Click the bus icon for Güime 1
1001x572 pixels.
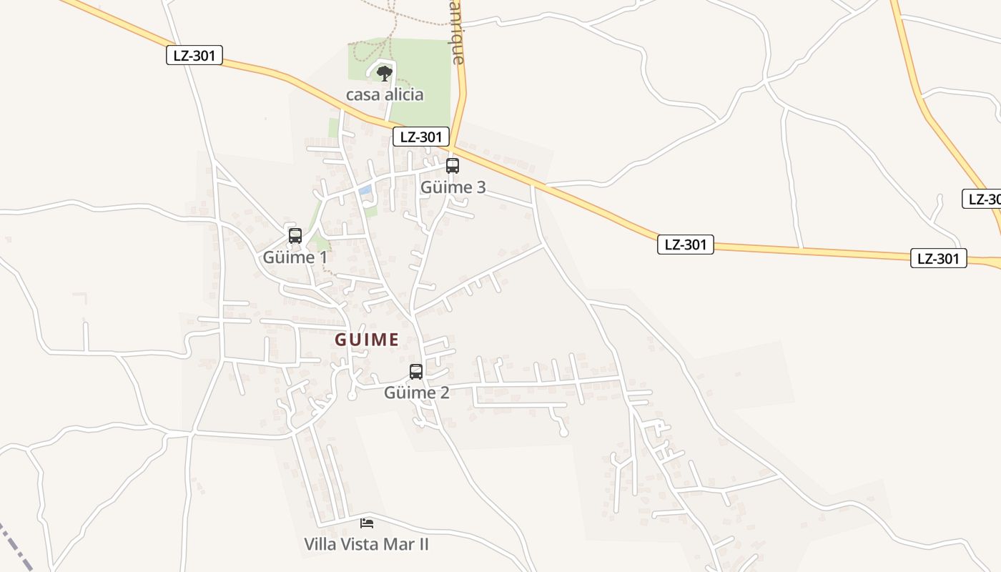pyautogui.click(x=295, y=235)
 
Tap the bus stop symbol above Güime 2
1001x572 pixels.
pyautogui.click(x=415, y=372)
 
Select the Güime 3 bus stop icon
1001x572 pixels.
pyautogui.click(x=453, y=166)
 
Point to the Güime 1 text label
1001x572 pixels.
pyautogui.click(x=295, y=257)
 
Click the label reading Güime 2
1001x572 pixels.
pyautogui.click(x=416, y=393)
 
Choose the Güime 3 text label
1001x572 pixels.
pyautogui.click(x=453, y=187)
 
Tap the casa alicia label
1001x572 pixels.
pyautogui.click(x=385, y=94)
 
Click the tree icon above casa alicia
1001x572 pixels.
pyautogui.click(x=385, y=73)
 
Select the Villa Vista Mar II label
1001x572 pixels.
pyautogui.click(x=366, y=544)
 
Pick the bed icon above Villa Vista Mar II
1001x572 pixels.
pyautogui.click(x=367, y=523)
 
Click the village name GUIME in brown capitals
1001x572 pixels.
pyautogui.click(x=367, y=340)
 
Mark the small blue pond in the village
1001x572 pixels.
pyautogui.click(x=365, y=190)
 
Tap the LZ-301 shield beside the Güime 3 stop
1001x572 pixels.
pyautogui.click(x=421, y=137)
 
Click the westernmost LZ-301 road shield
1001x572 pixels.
pyautogui.click(x=194, y=55)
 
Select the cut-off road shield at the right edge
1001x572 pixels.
pyautogui.click(x=984, y=199)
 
